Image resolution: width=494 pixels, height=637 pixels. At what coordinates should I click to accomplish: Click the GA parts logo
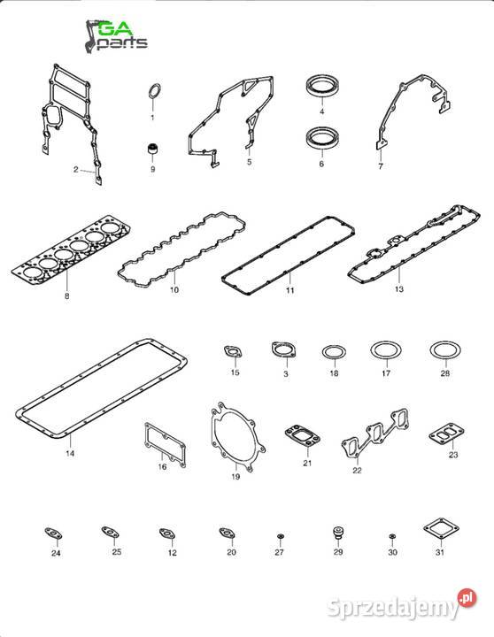click(116, 36)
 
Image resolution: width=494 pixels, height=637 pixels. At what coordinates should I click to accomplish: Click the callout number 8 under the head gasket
click(67, 296)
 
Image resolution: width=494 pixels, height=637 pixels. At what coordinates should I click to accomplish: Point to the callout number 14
click(70, 453)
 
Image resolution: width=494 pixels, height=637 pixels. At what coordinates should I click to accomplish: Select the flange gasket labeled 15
click(234, 352)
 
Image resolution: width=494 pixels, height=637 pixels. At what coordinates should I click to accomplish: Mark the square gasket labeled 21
click(302, 436)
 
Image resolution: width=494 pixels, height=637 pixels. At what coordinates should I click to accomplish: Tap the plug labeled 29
click(338, 533)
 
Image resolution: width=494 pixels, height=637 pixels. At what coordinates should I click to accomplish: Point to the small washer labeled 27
click(280, 537)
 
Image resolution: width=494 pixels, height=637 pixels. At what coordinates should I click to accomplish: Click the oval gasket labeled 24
click(53, 533)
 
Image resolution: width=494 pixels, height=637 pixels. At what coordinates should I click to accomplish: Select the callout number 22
click(357, 470)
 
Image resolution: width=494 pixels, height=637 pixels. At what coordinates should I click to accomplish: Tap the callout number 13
click(399, 288)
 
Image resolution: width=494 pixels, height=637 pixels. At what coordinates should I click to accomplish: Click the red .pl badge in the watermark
click(467, 598)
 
